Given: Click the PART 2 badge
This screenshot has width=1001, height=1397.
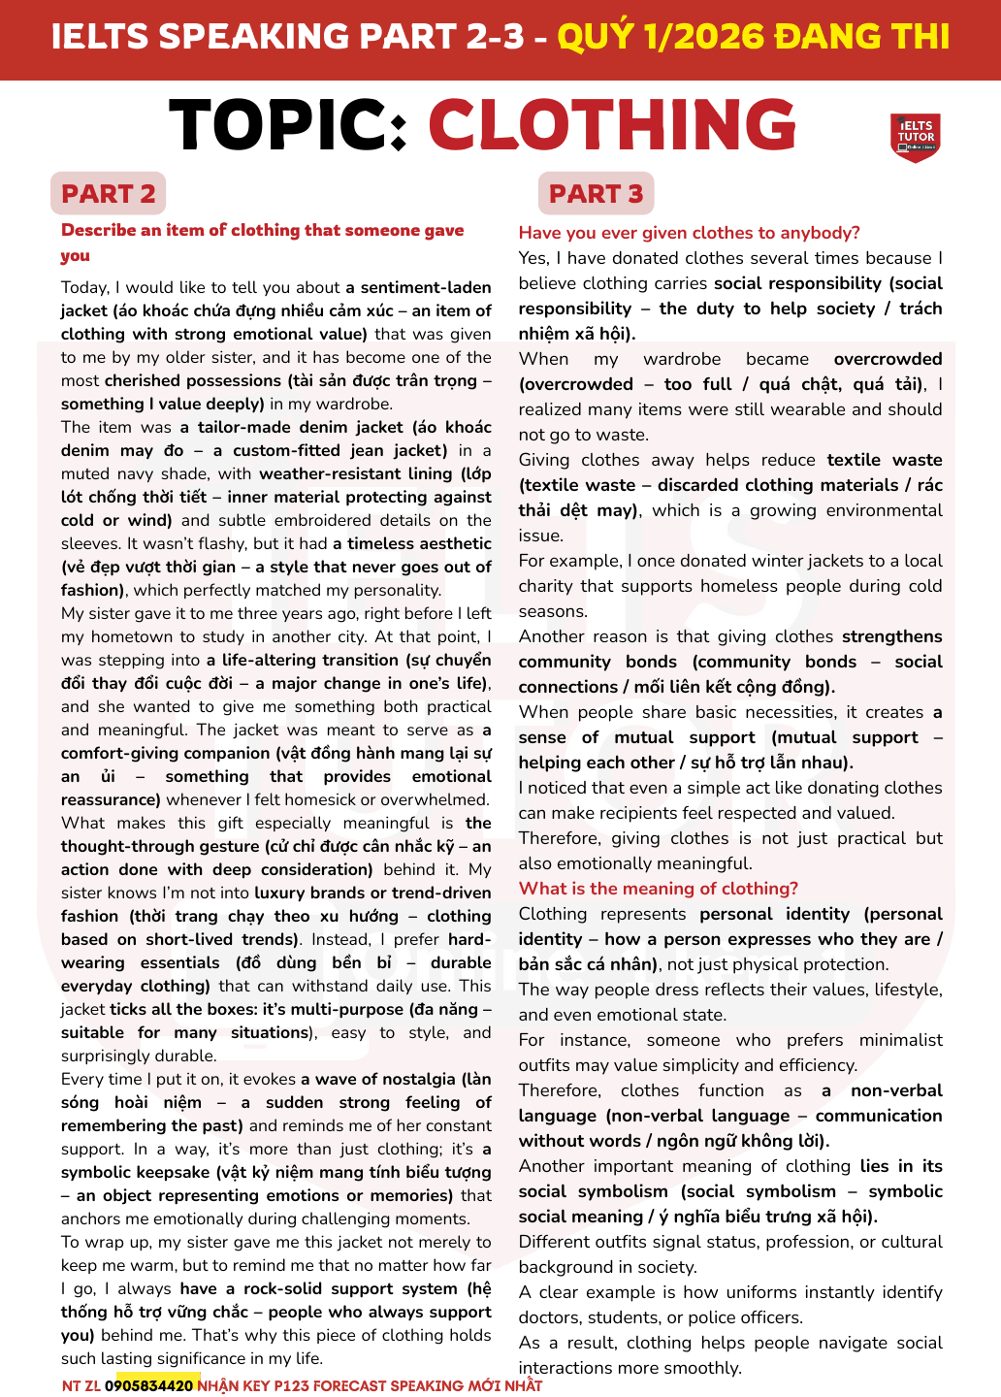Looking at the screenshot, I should coord(108,194).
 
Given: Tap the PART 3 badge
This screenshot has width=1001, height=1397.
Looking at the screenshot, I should coord(596,194).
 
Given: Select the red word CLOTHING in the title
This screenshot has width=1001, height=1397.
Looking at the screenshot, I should coord(612,126).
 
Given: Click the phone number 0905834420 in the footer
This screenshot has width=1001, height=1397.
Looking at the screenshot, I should coord(148,1385).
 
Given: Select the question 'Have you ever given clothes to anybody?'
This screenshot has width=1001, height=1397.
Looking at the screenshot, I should coord(689,233).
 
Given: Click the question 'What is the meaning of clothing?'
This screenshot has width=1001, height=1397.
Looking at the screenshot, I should coord(658,889).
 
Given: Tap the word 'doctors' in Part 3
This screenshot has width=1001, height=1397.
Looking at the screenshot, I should coord(547,1317).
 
